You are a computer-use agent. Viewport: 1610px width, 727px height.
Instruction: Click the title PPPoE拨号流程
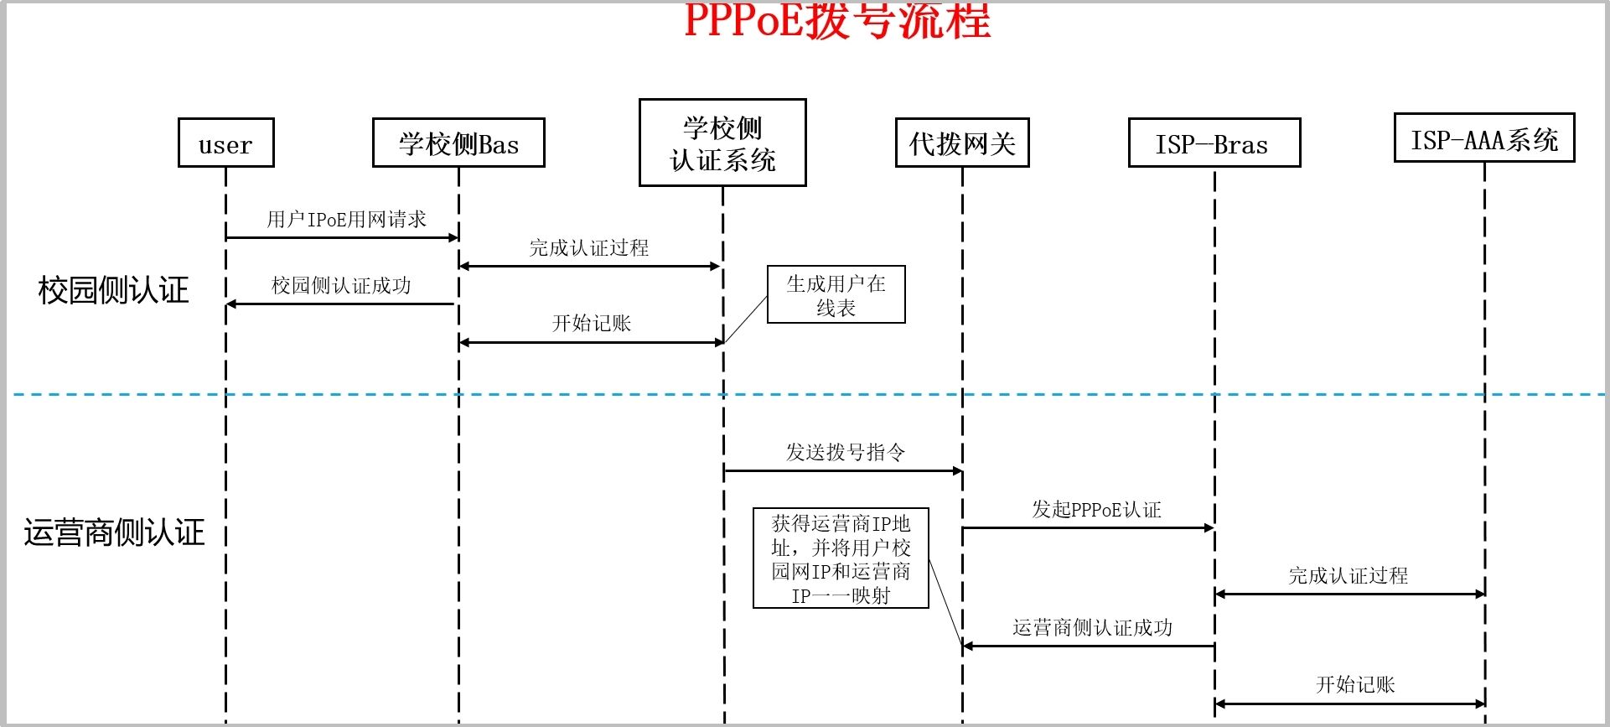point(836,20)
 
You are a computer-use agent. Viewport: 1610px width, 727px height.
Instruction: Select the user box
point(225,143)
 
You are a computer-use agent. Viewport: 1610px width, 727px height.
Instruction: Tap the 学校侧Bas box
point(458,143)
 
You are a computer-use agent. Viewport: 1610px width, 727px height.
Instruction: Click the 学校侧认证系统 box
point(722,143)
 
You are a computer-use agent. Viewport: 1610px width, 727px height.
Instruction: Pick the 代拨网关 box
point(962,143)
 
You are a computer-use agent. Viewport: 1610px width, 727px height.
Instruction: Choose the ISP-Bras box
point(1214,143)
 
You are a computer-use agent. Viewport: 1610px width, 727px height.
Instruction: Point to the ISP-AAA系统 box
point(1483,138)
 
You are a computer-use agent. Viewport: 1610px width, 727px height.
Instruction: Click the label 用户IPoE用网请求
point(346,220)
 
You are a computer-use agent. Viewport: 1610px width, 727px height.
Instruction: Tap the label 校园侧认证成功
point(341,286)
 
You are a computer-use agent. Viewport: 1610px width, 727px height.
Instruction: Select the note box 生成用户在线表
point(836,295)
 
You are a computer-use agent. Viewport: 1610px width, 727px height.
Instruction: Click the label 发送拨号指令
point(845,453)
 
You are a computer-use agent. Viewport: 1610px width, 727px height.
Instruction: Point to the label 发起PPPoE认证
point(1095,510)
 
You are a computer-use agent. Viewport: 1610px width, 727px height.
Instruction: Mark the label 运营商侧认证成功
point(1092,628)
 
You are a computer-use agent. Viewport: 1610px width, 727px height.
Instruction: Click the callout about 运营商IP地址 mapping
point(841,558)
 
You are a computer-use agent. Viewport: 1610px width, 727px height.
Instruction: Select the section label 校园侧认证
point(113,291)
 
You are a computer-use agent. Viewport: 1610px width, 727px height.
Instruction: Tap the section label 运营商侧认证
point(114,532)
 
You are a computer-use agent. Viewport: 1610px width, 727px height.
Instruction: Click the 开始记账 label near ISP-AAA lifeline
point(1354,685)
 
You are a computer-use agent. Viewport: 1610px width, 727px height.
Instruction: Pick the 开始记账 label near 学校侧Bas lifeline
point(591,324)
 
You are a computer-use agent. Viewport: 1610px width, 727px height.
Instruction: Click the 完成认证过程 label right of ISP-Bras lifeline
point(1348,576)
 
